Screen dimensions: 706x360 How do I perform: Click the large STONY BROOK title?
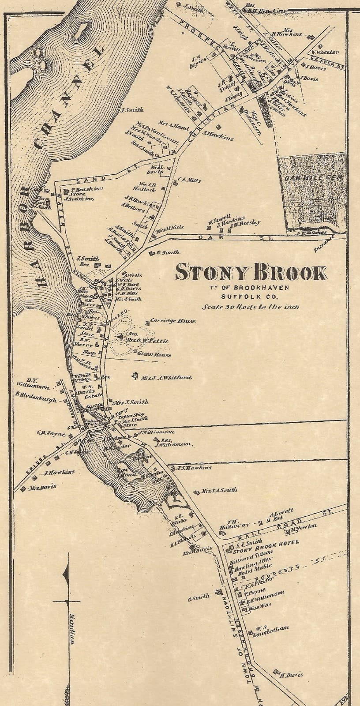pyautogui.click(x=251, y=273)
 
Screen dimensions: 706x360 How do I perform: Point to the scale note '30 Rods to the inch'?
pyautogui.click(x=251, y=307)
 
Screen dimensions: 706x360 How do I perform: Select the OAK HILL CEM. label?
pyautogui.click(x=314, y=178)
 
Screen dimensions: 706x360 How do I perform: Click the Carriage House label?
pyautogui.click(x=172, y=321)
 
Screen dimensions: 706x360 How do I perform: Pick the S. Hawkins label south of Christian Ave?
pyautogui.click(x=218, y=138)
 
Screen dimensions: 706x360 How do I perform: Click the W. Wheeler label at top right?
pyautogui.click(x=326, y=52)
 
